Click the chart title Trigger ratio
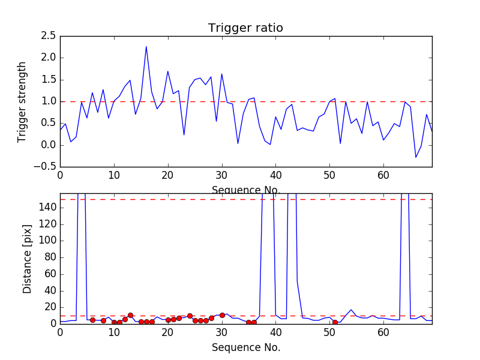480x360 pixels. coord(245,28)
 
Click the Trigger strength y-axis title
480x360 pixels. coord(22,101)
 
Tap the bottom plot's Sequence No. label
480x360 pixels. coord(245,347)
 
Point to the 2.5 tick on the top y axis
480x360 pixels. coord(48,36)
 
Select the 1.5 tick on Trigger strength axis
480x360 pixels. coord(48,80)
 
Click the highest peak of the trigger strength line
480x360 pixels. coord(146,47)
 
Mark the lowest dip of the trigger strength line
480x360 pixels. coord(415,158)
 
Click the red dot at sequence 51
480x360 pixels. coord(335,322)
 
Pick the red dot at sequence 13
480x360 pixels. coord(130,315)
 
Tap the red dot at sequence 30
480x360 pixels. coord(222,315)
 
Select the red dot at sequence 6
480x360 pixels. coord(92,320)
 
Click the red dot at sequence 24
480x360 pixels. coord(190,316)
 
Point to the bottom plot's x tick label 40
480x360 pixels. coord(275,334)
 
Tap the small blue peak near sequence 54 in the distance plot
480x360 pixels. coord(351,310)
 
